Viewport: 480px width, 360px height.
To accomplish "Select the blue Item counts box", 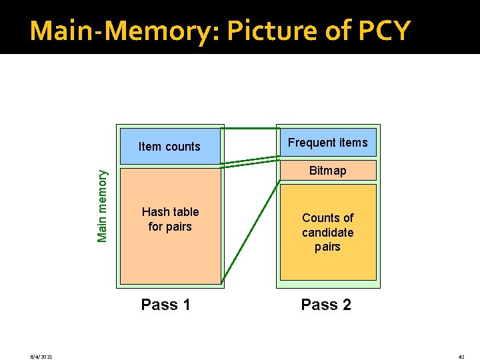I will click(169, 146).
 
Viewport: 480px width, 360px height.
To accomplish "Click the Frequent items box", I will click(327, 142).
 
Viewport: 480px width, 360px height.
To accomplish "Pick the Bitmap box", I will click(327, 171).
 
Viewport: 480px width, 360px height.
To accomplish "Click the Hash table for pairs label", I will click(170, 219).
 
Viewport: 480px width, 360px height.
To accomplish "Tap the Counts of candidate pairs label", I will click(327, 232).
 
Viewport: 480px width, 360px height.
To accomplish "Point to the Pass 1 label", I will click(165, 305).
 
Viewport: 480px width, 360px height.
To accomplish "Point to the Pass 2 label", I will click(326, 305).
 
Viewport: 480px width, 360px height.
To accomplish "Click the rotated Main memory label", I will click(103, 206).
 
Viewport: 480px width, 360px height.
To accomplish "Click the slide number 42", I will click(461, 357).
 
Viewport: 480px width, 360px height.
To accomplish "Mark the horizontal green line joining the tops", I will click(250, 127).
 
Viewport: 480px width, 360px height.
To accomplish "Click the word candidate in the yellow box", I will click(327, 232).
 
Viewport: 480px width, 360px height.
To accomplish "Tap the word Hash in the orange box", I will click(155, 212).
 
